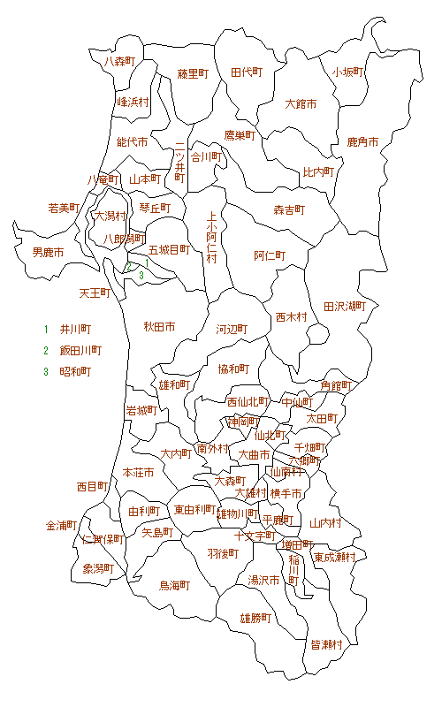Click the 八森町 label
119,62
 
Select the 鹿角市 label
362,142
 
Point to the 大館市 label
301,104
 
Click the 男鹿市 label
48,253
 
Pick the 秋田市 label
159,327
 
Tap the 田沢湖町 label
345,307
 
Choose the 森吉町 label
289,210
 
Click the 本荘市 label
139,473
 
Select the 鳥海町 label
175,585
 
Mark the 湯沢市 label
263,581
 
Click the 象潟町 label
99,569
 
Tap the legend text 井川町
75,330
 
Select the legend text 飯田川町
80,351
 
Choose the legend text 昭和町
75,372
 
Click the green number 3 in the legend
46,372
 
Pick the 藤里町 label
192,73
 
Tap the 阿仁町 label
270,255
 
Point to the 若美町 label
64,209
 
